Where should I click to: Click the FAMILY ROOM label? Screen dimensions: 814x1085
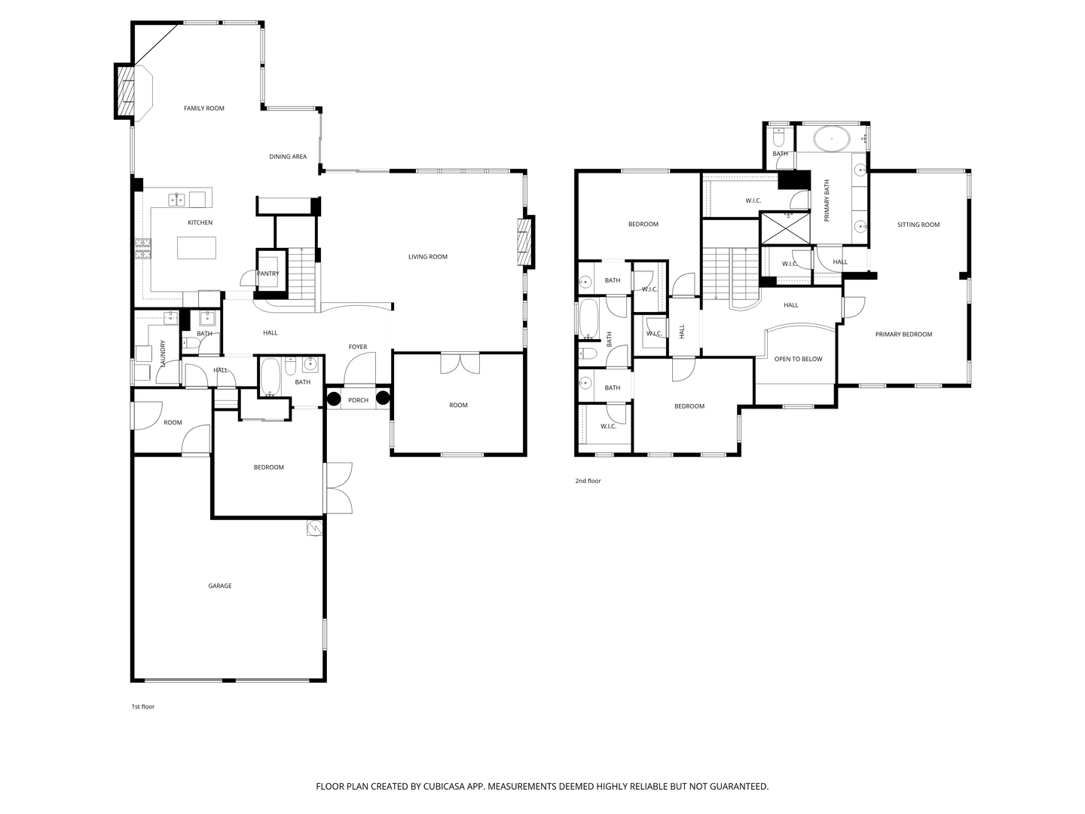point(204,109)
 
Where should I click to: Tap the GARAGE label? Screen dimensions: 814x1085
point(220,586)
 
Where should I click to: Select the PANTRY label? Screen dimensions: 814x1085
point(268,274)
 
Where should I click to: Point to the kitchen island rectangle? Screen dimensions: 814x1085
point(197,248)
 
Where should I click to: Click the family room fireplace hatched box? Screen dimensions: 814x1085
point(126,91)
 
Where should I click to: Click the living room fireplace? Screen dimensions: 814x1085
point(524,242)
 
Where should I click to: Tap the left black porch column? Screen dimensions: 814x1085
point(334,399)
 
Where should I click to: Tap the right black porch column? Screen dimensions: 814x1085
point(384,399)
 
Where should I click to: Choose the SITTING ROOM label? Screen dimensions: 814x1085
point(918,225)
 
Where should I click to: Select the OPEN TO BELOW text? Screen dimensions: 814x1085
point(799,359)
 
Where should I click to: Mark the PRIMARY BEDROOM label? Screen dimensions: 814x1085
point(903,335)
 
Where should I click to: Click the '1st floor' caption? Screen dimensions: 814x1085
point(143,707)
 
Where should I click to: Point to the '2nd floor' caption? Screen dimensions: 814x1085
point(588,481)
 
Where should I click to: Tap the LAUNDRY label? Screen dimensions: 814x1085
point(163,354)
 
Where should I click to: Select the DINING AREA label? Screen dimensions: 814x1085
point(288,157)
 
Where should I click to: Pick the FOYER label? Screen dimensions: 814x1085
point(358,347)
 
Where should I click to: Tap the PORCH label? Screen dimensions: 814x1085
point(359,400)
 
